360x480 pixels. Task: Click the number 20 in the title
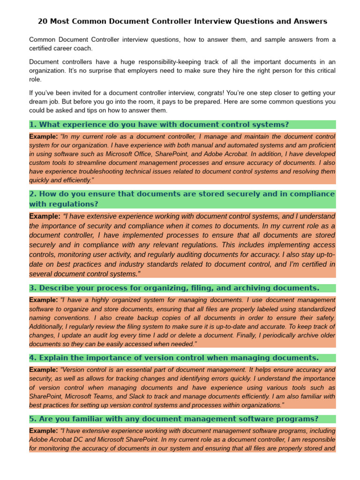pos(43,22)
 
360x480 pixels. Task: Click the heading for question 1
pos(159,125)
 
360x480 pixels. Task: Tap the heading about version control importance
pos(173,358)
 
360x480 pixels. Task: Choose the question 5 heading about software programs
pos(173,419)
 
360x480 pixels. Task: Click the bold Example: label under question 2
pos(45,217)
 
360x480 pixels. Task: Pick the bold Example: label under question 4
pos(44,370)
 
